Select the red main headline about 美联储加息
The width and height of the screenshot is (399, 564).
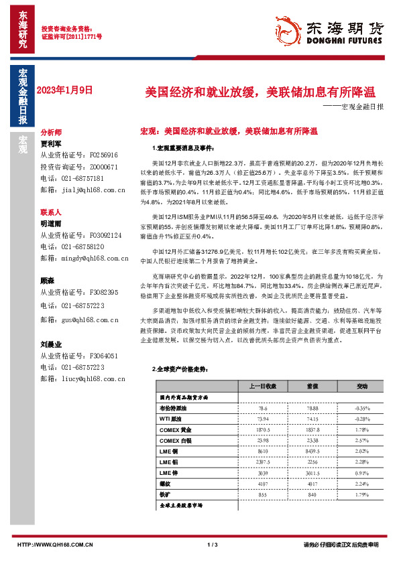[x=262, y=92]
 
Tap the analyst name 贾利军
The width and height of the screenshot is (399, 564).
[x=50, y=143]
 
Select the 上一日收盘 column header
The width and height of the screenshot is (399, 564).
[x=262, y=386]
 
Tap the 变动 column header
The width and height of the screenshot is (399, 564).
[x=362, y=386]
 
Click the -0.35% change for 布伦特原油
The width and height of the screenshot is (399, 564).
[x=362, y=407]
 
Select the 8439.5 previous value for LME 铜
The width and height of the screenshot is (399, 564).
[x=312, y=453]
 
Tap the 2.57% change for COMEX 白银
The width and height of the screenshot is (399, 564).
[x=362, y=440]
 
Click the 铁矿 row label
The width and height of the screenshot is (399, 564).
[x=166, y=494]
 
